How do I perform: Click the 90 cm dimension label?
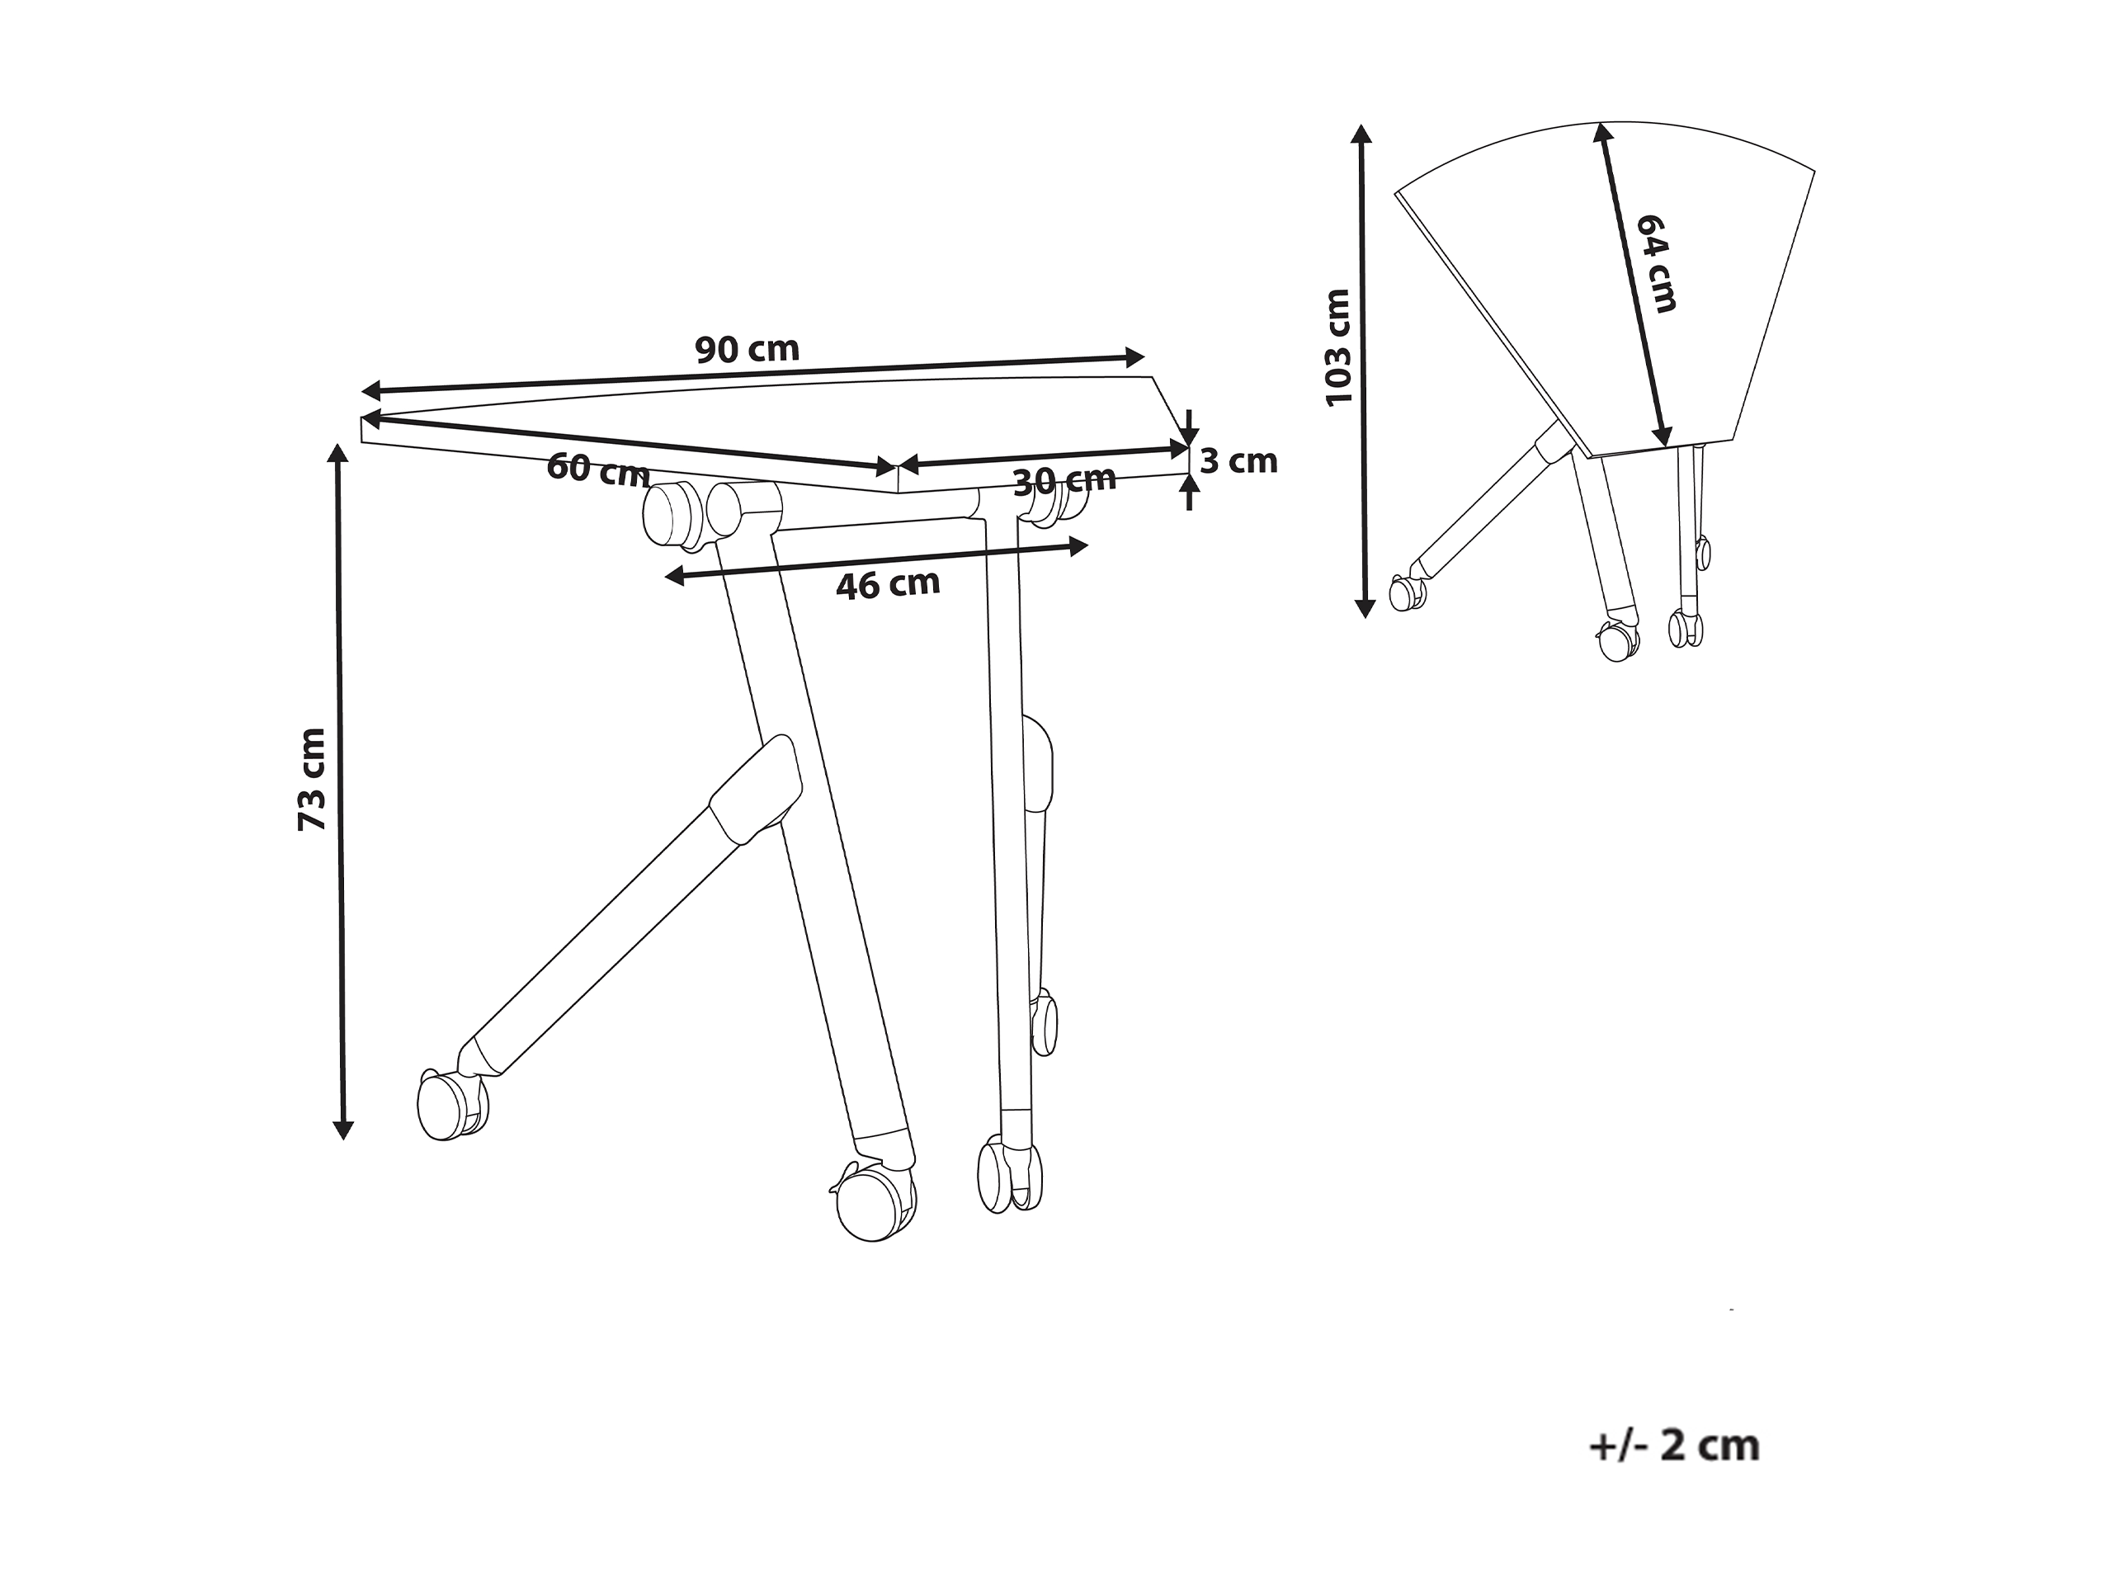(x=747, y=350)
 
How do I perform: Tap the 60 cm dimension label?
(x=598, y=469)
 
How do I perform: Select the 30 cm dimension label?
(x=1064, y=480)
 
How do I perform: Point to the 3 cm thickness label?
(x=1238, y=461)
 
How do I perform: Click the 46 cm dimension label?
(x=889, y=583)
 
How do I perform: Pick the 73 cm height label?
(x=313, y=780)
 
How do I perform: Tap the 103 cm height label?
(x=1338, y=347)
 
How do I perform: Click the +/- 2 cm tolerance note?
(x=1673, y=1446)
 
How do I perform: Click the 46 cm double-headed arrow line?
(x=876, y=561)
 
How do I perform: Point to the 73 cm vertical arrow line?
(x=339, y=791)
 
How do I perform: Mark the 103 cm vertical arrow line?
(x=1363, y=370)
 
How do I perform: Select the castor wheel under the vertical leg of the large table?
(x=1009, y=1176)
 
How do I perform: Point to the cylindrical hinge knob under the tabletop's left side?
(x=670, y=514)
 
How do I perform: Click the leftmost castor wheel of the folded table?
(x=1407, y=592)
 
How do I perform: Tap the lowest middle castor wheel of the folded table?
(x=1618, y=641)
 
